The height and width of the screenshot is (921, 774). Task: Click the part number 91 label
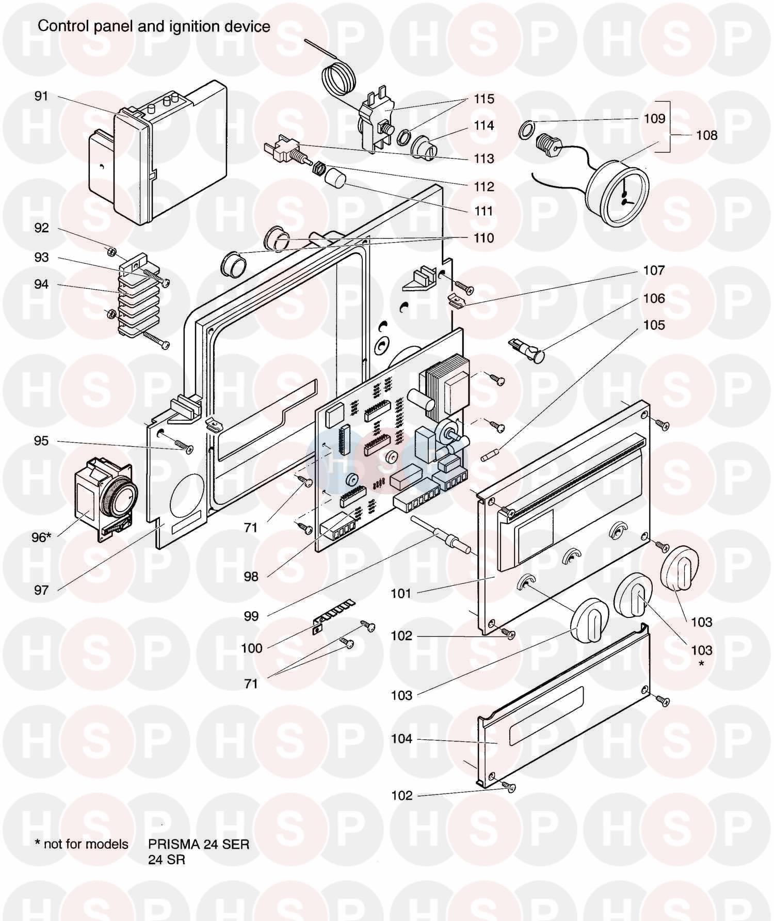click(41, 96)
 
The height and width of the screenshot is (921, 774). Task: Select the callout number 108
click(706, 135)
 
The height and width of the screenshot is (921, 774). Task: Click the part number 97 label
click(41, 590)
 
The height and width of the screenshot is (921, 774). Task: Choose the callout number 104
click(402, 739)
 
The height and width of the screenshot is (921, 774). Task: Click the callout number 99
click(251, 616)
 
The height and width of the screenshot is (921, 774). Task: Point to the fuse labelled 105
click(489, 456)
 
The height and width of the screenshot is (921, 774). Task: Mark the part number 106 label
click(654, 298)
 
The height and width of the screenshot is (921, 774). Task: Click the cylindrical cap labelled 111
click(335, 177)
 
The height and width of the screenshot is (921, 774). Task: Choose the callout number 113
click(484, 158)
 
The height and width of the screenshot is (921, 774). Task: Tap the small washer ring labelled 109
click(525, 127)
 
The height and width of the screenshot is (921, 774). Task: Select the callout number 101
click(401, 593)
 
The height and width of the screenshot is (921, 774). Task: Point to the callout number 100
click(252, 648)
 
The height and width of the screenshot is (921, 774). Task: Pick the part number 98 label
click(251, 576)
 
